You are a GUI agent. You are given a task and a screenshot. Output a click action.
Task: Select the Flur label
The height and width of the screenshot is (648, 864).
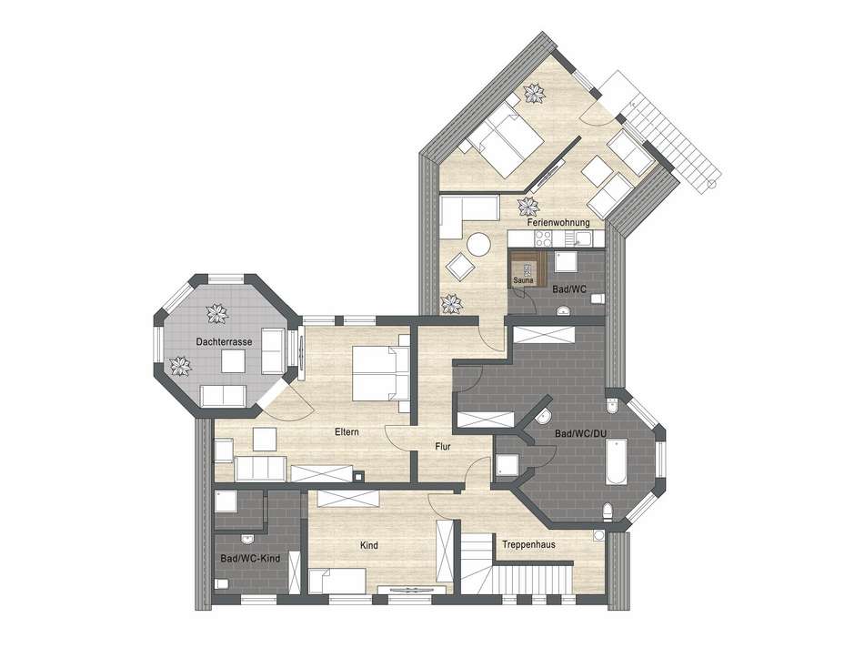coord(444,447)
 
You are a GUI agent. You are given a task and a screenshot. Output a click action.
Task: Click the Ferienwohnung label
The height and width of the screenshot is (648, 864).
coord(558,222)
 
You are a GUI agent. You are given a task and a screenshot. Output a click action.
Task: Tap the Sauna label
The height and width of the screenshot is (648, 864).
coord(522,281)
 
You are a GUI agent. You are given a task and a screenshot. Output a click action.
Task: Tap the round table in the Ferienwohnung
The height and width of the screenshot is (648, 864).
coord(478,244)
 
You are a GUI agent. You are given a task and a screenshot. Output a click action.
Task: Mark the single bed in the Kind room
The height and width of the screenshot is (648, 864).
coord(337,579)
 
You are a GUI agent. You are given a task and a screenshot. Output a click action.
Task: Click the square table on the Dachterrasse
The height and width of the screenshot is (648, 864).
coord(236,361)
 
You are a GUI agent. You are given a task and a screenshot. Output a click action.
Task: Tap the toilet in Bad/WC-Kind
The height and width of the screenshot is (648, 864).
coord(221,582)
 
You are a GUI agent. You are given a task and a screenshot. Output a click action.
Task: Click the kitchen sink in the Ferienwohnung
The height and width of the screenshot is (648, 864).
coord(582,238)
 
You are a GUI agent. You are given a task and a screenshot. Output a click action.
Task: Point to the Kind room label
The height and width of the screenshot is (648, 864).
coord(369,545)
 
